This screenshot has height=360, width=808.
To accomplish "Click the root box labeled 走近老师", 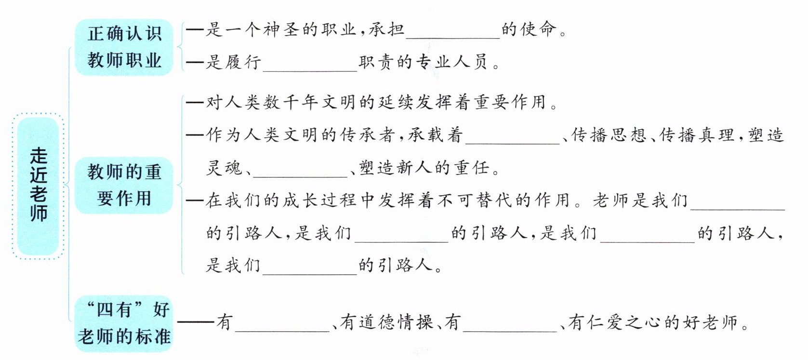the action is [x=38, y=186].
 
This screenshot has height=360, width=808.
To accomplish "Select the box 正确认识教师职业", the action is [x=124, y=47].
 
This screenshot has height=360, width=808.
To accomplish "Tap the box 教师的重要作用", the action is [x=124, y=185].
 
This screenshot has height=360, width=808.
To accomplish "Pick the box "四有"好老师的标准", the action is [x=124, y=323].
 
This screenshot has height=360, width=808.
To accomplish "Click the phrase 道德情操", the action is [x=396, y=322].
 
